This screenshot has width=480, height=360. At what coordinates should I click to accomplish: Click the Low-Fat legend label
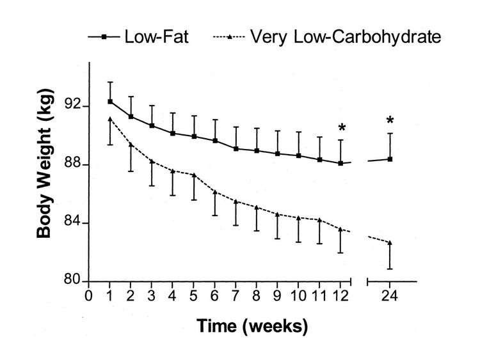point(156,37)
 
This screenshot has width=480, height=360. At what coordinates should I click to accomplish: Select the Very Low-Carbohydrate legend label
point(346,37)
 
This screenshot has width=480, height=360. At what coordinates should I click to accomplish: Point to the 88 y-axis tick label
point(72,164)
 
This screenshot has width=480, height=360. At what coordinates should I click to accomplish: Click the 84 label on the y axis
point(72,222)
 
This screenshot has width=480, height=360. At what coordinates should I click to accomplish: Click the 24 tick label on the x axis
point(389,296)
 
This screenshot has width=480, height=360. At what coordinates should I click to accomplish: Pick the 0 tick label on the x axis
point(88,296)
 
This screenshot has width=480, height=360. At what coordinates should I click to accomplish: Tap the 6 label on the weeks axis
point(214,296)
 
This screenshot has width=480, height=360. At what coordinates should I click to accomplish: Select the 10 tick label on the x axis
point(298,296)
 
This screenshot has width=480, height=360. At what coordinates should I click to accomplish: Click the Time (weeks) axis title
point(252,325)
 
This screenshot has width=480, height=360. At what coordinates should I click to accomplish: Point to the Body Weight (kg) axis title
point(44,164)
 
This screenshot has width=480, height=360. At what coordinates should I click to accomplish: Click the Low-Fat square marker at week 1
point(110,102)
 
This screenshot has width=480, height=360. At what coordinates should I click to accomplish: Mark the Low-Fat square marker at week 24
point(390,159)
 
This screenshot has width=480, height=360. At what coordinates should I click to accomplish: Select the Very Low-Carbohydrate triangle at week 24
point(390,242)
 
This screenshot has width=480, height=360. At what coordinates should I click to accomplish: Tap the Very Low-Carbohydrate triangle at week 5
point(193,175)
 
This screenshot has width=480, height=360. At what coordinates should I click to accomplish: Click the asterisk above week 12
point(342,127)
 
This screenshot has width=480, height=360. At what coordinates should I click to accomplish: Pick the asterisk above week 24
point(390,120)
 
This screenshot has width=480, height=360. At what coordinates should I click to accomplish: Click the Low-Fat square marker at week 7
point(236,149)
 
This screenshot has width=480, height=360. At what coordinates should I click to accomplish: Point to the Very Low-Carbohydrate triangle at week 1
point(110,119)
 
